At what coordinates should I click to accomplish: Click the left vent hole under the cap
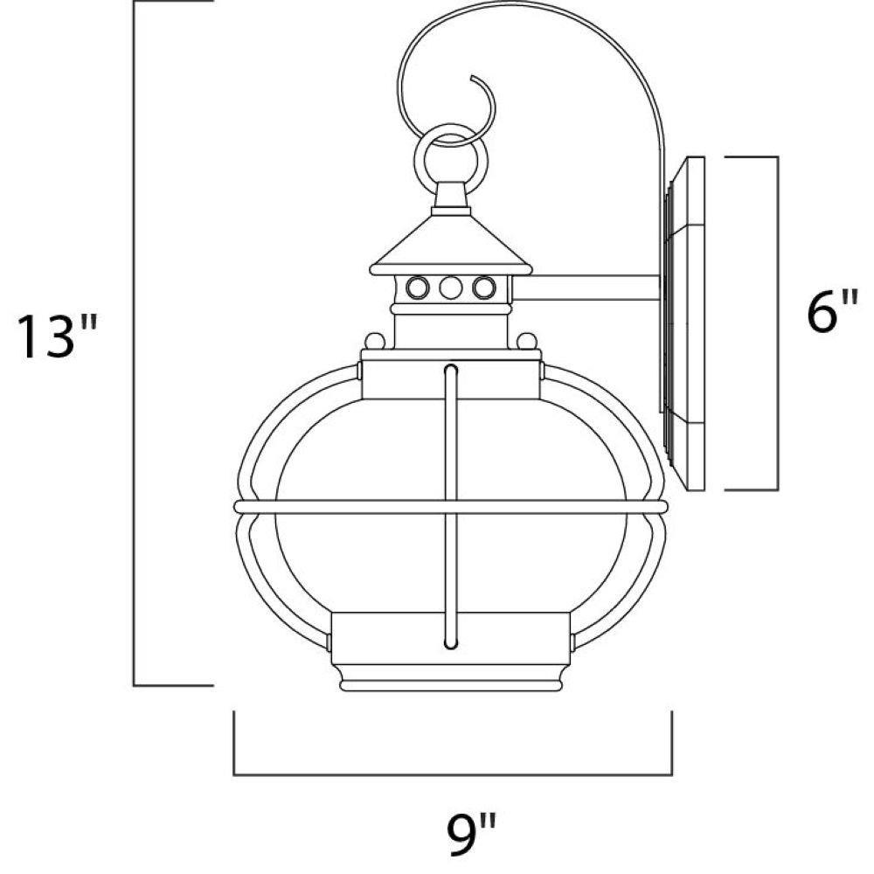tap(417, 288)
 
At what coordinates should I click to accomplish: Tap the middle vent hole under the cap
tap(450, 288)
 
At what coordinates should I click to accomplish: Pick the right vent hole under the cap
tap(483, 288)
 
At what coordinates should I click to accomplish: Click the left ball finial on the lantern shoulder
tap(375, 341)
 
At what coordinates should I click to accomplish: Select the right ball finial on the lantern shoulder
tap(527, 341)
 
